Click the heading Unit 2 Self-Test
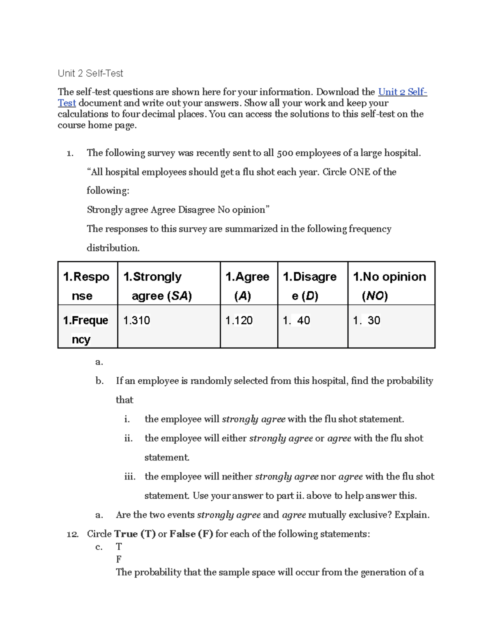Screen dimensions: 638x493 (90, 74)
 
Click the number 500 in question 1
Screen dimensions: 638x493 (285, 153)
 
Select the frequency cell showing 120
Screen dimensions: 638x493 (239, 320)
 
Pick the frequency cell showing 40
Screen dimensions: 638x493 (297, 320)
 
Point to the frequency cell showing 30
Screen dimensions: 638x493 (367, 320)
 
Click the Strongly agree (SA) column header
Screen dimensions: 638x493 (158, 286)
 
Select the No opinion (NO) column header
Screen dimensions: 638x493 (389, 286)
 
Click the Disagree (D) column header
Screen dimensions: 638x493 (310, 286)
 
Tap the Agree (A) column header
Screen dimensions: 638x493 (247, 286)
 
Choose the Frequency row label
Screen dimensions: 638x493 (85, 329)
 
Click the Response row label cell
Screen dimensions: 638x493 (86, 286)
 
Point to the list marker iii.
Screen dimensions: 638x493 (129, 477)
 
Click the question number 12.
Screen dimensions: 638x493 (72, 534)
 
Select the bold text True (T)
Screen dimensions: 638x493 (135, 534)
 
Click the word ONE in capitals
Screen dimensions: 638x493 (359, 172)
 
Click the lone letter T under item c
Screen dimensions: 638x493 (119, 547)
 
